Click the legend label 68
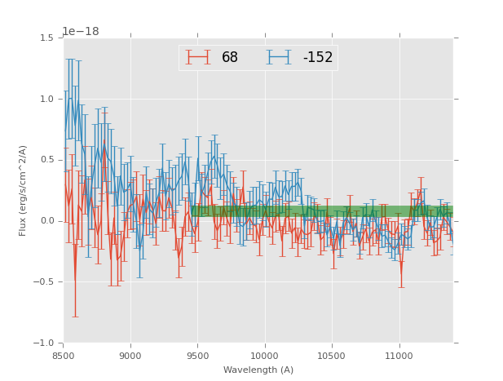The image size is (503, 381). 229,58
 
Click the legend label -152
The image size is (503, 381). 317,58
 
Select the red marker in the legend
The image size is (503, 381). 198,57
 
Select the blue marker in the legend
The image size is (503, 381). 279,57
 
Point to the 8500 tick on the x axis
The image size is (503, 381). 64,357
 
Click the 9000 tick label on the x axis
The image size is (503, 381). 130,357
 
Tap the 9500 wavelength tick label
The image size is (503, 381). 197,357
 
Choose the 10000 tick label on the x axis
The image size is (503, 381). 265,357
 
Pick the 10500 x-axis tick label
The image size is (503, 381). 332,357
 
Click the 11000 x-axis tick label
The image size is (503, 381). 399,357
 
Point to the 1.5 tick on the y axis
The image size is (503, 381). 46,38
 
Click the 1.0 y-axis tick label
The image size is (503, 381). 46,100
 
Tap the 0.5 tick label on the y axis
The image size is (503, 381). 46,160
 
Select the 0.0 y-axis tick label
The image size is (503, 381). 46,221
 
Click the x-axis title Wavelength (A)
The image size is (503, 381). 258,370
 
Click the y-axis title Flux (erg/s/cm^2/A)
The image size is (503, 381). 23,190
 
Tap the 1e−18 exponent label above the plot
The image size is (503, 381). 81,32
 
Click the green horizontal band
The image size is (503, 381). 326,210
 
